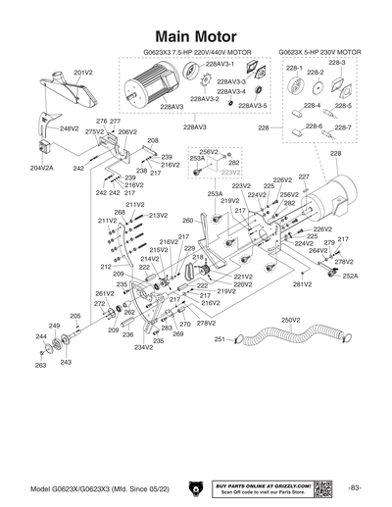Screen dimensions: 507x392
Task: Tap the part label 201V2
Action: click(x=83, y=73)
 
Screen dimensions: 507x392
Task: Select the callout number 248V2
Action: click(x=69, y=128)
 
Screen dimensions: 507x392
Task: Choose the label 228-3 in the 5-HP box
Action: click(x=336, y=62)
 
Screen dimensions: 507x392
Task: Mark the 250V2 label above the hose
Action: click(x=290, y=320)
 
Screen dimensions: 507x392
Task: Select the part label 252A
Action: click(x=350, y=277)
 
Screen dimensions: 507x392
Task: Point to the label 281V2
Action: click(x=302, y=284)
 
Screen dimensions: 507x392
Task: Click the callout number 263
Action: click(x=40, y=365)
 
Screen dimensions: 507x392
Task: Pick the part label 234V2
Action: click(x=143, y=347)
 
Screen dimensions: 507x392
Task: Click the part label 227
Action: click(x=304, y=177)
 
